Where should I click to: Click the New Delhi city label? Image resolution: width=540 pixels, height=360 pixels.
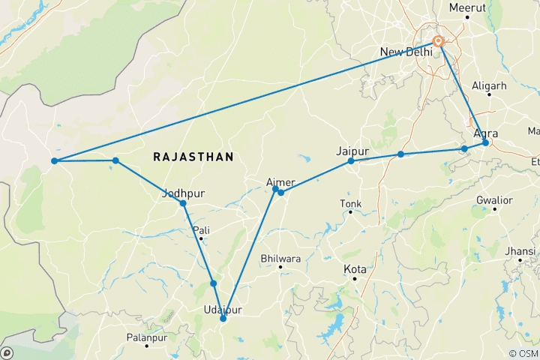[x=406, y=52]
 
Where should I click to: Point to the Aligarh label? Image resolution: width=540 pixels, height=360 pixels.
[x=489, y=86]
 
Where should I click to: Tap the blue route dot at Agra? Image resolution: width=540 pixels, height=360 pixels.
[x=486, y=142]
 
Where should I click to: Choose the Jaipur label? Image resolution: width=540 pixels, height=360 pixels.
[x=353, y=151]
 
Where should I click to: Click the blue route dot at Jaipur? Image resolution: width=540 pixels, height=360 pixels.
[x=351, y=161]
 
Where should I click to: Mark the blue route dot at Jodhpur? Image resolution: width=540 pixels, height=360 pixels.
[x=183, y=203]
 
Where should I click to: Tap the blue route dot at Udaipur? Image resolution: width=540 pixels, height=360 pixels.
[x=223, y=319]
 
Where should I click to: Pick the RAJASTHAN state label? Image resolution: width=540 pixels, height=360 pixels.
[x=193, y=157]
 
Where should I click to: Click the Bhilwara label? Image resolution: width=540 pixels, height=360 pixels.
[x=280, y=259]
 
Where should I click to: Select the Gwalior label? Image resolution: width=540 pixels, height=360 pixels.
[x=495, y=201]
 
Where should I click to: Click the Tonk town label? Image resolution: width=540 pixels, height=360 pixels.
[x=350, y=203]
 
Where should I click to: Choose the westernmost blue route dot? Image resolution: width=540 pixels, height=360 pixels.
[x=55, y=160]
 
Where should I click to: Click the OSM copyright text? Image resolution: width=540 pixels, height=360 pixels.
[x=523, y=353]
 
